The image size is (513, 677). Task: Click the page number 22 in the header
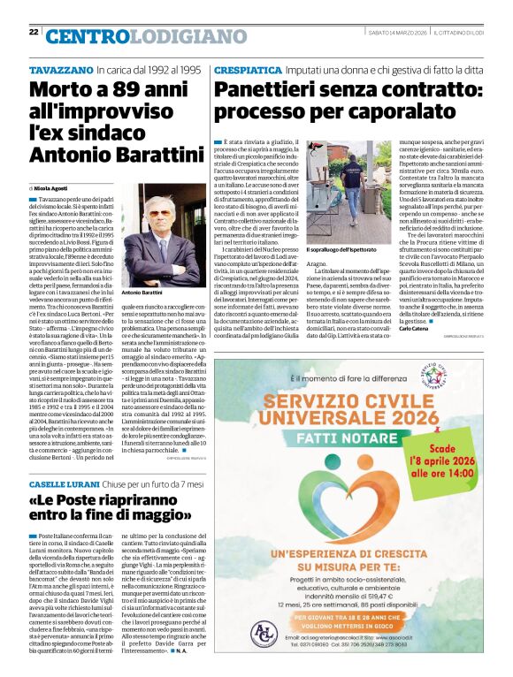point(34,32)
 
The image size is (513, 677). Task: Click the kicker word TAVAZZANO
point(61,69)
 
